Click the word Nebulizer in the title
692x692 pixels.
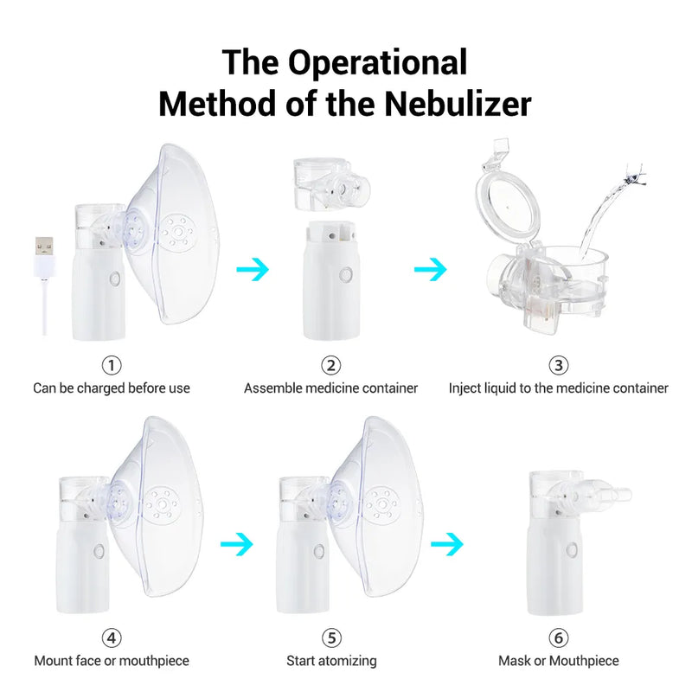[458, 104]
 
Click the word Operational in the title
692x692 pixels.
[377, 62]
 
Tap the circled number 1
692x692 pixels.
[112, 365]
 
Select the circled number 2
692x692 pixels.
[331, 365]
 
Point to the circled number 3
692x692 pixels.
[559, 365]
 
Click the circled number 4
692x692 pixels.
[112, 638]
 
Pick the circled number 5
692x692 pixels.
[331, 638]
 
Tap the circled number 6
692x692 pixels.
[559, 638]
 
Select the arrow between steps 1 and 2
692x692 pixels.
[253, 269]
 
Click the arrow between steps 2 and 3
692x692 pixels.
[430, 270]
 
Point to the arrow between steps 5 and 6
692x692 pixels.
[447, 544]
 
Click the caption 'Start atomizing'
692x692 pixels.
[331, 661]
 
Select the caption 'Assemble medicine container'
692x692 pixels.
[330, 388]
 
